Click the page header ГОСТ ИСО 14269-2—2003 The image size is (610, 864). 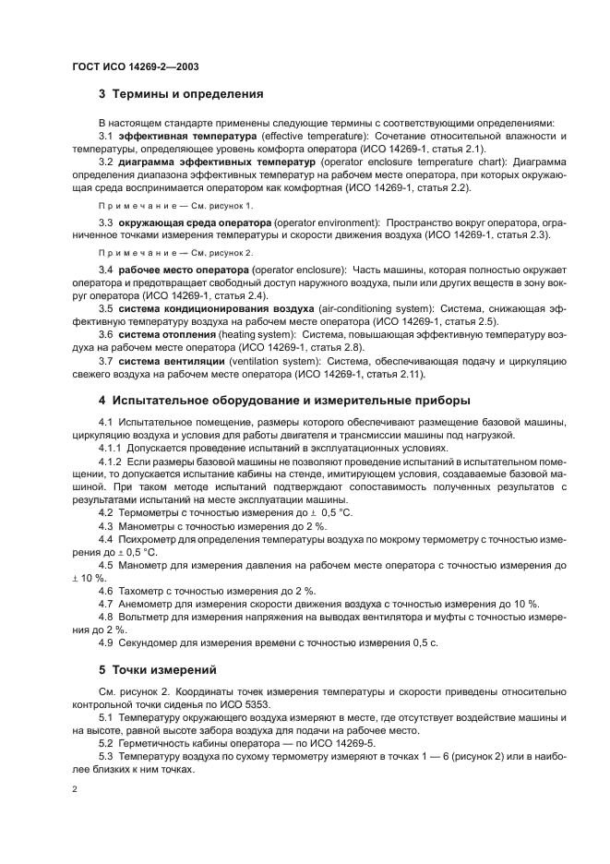click(x=130, y=67)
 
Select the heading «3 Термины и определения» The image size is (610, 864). click(x=181, y=93)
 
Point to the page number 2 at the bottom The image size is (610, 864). click(x=76, y=791)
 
